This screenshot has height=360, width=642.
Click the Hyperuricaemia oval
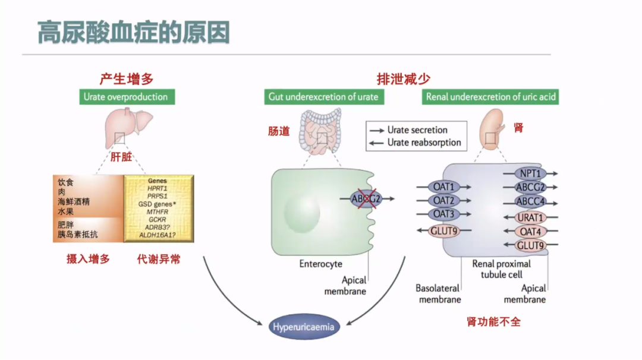[x=303, y=327]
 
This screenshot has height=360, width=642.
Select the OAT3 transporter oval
[x=443, y=214]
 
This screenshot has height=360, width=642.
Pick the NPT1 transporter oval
[x=530, y=173]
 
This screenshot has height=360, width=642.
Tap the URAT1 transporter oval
[x=530, y=217]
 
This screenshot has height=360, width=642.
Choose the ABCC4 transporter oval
[x=530, y=201]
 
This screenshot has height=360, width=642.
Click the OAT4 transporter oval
[x=530, y=232]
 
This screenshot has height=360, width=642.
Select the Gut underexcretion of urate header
[x=323, y=97]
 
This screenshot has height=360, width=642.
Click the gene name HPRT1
[x=158, y=188]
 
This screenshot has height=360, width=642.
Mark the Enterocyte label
[x=320, y=264]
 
